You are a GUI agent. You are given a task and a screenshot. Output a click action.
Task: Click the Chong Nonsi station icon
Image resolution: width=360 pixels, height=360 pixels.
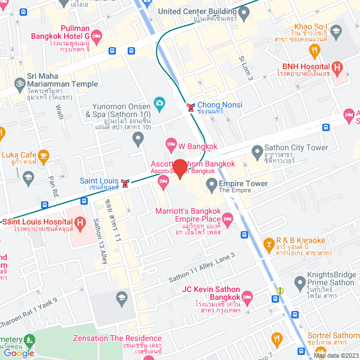click(191, 105)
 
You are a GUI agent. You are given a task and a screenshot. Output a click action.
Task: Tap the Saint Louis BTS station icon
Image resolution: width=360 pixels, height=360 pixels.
click(127, 182)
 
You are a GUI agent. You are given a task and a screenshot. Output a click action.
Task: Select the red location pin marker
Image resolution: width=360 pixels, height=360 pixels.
click(179, 169)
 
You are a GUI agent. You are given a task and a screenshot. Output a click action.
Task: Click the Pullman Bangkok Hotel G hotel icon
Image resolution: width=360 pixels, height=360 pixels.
click(96, 37)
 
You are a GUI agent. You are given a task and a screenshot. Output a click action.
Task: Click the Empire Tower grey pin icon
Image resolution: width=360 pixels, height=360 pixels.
click(211, 183)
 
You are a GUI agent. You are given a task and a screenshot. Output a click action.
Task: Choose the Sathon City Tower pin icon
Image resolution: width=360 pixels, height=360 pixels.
click(256, 151)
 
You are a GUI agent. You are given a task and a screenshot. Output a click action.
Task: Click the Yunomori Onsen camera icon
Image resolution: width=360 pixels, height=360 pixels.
click(160, 104)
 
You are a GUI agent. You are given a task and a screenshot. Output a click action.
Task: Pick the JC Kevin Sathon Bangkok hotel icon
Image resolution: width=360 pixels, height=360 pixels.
click(246, 296)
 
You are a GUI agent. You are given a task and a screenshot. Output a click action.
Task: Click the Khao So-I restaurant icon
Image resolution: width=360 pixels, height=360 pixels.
click(314, 50)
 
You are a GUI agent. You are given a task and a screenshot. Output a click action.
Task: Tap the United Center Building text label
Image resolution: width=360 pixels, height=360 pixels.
click(197, 11)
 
